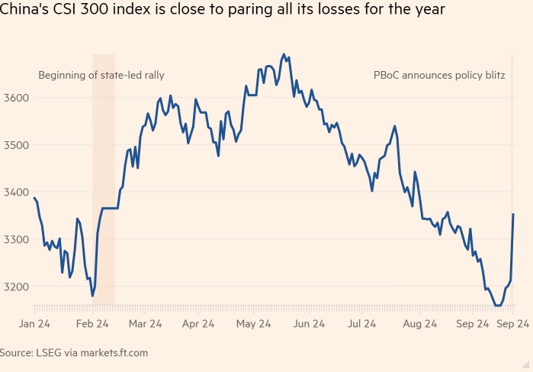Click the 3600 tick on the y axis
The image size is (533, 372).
pos(15,98)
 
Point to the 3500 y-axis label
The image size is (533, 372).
pos(15,145)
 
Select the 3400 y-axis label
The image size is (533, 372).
pos(15,192)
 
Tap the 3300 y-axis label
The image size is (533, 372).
pos(15,240)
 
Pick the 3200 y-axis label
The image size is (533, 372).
pos(15,287)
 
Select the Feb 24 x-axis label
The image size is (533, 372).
pos(93,324)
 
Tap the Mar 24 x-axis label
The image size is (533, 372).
pos(145,324)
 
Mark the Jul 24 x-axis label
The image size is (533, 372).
pos(364,324)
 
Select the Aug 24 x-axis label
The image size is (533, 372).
pos(419,324)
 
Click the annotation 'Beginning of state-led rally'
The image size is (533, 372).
pos(101,76)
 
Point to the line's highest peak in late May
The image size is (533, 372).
pos(284,54)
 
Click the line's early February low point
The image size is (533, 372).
pos(92,296)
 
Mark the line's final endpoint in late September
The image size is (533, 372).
pos(513,215)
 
